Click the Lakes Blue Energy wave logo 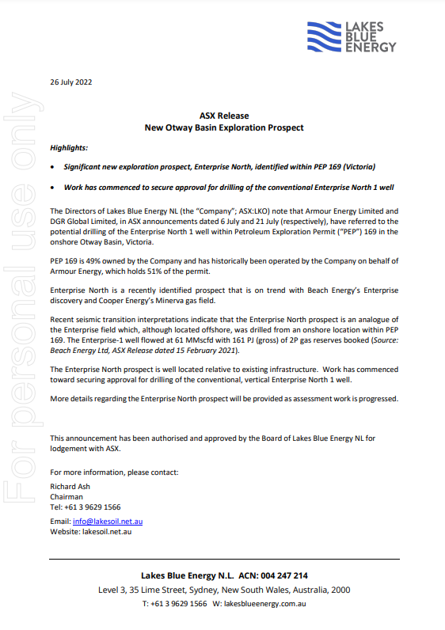click(325, 37)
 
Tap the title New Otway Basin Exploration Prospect click(224, 127)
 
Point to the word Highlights click(69, 148)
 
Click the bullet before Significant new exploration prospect click(52, 168)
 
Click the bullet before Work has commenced click(52, 188)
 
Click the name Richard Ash click(68, 487)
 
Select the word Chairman click(67, 497)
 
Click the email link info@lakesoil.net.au click(108, 522)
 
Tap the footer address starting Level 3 click(224, 590)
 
